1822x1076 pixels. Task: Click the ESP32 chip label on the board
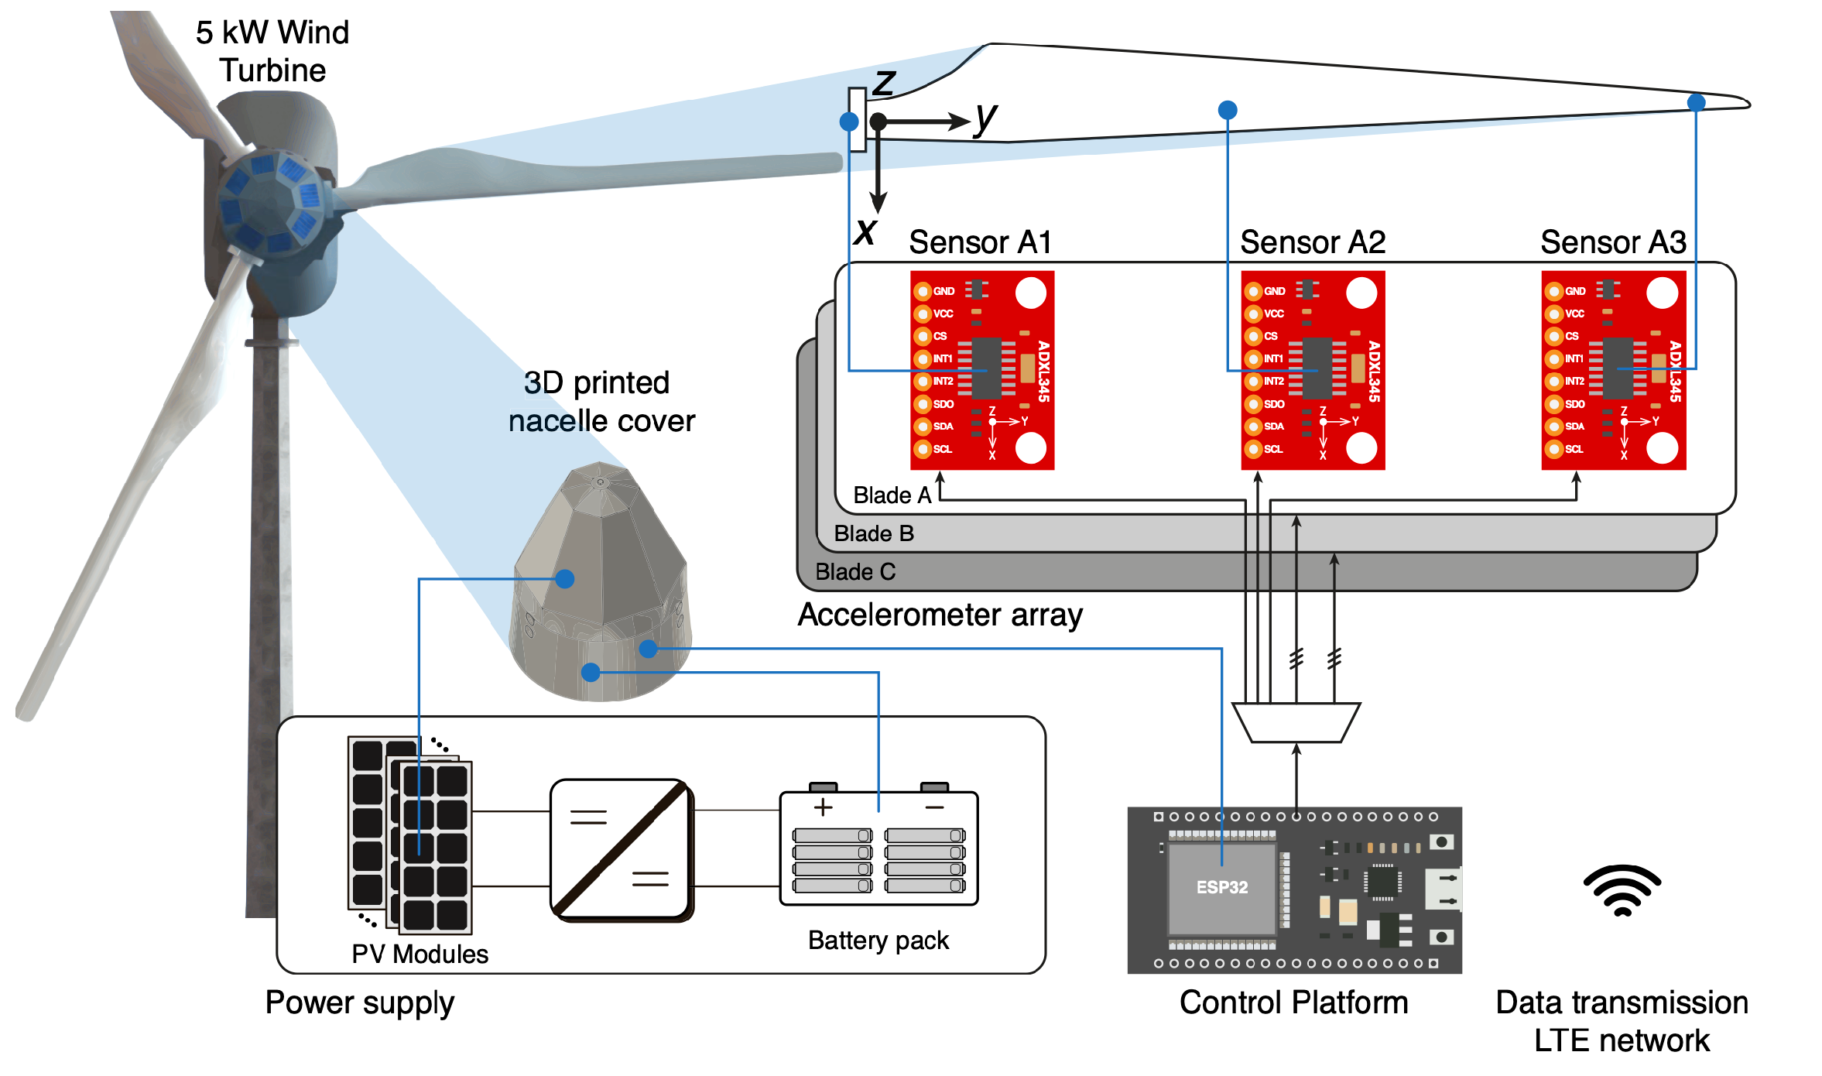[1221, 887]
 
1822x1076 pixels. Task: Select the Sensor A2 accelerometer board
[1313, 370]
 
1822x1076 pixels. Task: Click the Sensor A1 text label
[980, 242]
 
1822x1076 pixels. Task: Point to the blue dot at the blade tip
[1696, 102]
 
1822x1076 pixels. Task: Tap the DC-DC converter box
[621, 849]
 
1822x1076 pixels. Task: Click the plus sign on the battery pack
[823, 807]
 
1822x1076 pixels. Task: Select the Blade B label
[874, 533]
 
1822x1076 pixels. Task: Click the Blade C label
[855, 572]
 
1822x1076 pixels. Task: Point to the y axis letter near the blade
[985, 118]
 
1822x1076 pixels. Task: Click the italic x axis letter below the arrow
[865, 231]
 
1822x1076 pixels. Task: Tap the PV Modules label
[420, 954]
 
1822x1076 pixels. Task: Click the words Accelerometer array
[940, 615]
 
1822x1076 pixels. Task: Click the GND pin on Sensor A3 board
[1553, 291]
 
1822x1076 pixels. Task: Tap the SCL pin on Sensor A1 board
[922, 449]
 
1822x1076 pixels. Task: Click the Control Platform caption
[1293, 1002]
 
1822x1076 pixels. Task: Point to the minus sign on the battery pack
[934, 807]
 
